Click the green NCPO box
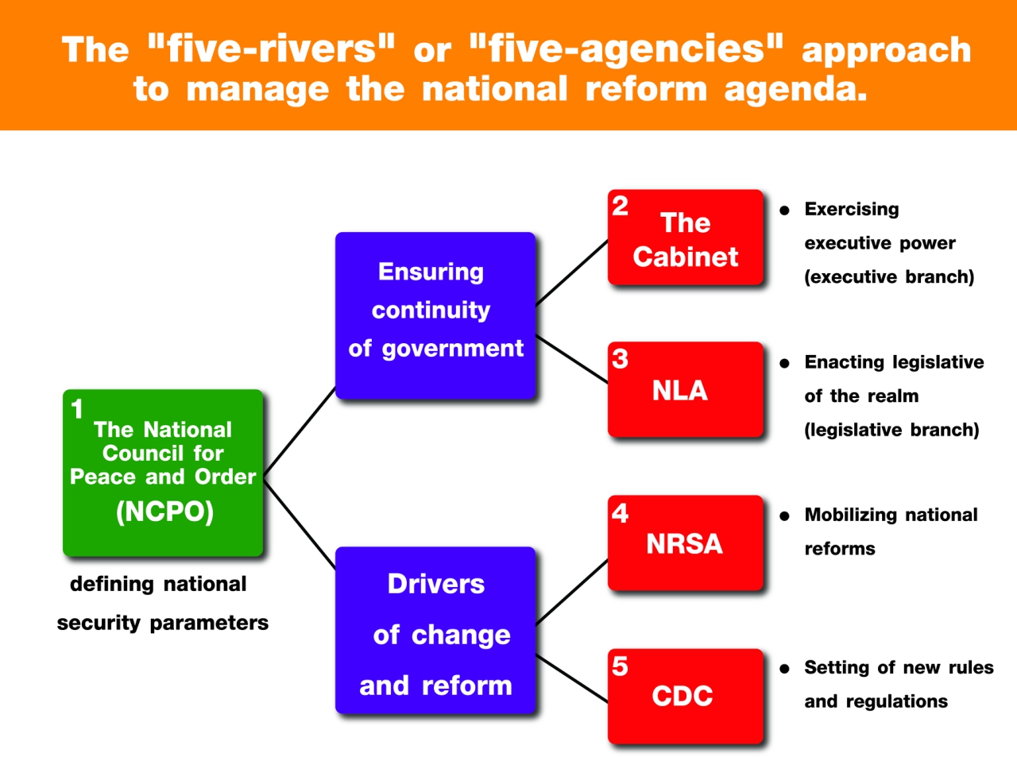click(163, 473)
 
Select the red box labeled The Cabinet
click(685, 237)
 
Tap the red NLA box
click(685, 389)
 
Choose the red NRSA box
click(685, 543)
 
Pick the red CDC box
click(685, 696)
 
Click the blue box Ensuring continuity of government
click(435, 315)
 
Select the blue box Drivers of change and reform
click(435, 630)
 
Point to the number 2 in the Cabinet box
click(620, 206)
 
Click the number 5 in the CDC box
click(620, 666)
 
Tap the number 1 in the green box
click(77, 408)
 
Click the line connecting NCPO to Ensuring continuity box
click(300, 431)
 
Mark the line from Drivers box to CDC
click(572, 678)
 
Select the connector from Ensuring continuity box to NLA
click(572, 360)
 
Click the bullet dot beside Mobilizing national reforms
click(784, 516)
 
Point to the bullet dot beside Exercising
click(784, 210)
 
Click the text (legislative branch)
click(891, 430)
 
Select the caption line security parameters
click(163, 623)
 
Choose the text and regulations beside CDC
click(876, 701)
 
